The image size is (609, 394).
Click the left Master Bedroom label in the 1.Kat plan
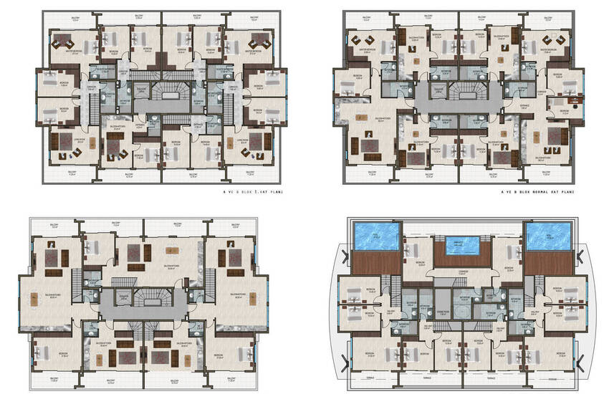point(72,52)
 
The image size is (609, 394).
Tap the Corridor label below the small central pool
point(461,273)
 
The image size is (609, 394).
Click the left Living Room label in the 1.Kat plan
point(62,142)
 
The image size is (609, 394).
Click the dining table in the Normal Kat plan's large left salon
point(370,148)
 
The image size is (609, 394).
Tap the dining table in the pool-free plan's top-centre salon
point(170,250)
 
